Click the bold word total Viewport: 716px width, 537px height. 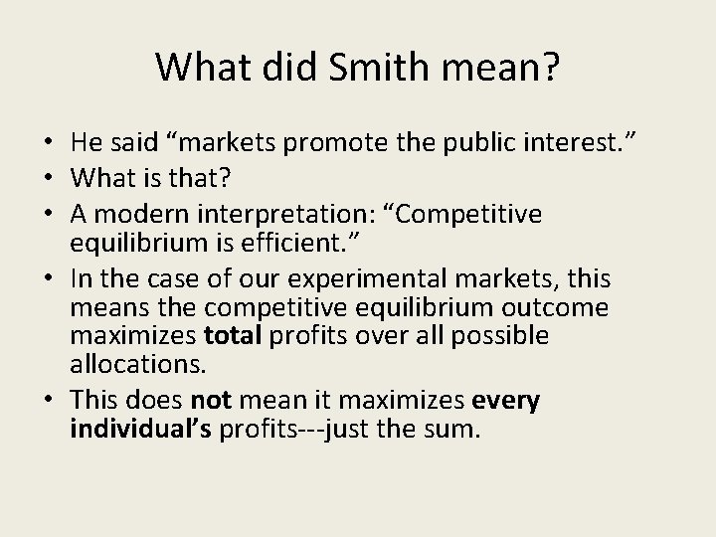(231, 336)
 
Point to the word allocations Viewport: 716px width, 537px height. (136, 364)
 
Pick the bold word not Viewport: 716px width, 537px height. (210, 401)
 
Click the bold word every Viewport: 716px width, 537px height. (506, 401)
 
